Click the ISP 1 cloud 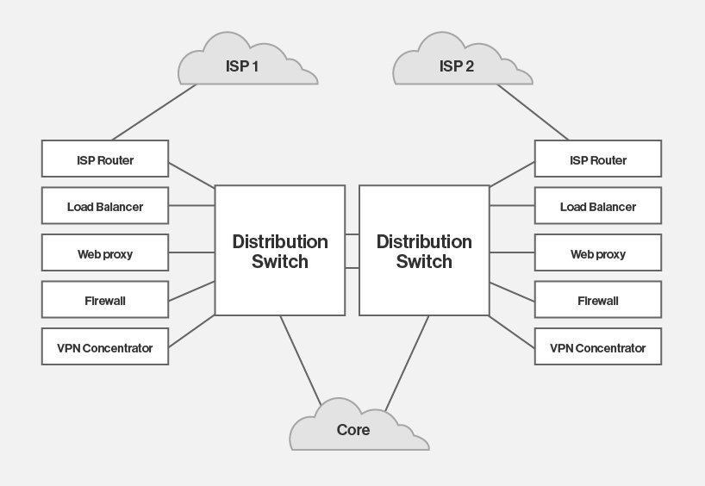tap(246, 65)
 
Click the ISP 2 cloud tap(457, 65)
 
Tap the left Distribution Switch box tap(280, 251)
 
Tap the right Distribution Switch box tap(424, 251)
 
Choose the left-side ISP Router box tap(105, 160)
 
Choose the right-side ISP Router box tap(598, 160)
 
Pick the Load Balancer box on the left tap(105, 207)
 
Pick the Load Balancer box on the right tap(598, 207)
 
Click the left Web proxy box tap(105, 254)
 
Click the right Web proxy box tap(598, 254)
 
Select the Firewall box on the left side tap(105, 301)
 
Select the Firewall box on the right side tap(598, 301)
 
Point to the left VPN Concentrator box tap(105, 348)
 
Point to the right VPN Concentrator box tap(598, 348)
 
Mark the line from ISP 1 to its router tap(155, 112)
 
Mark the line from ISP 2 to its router tap(533, 112)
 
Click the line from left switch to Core tap(301, 359)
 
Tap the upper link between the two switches tap(352, 234)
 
